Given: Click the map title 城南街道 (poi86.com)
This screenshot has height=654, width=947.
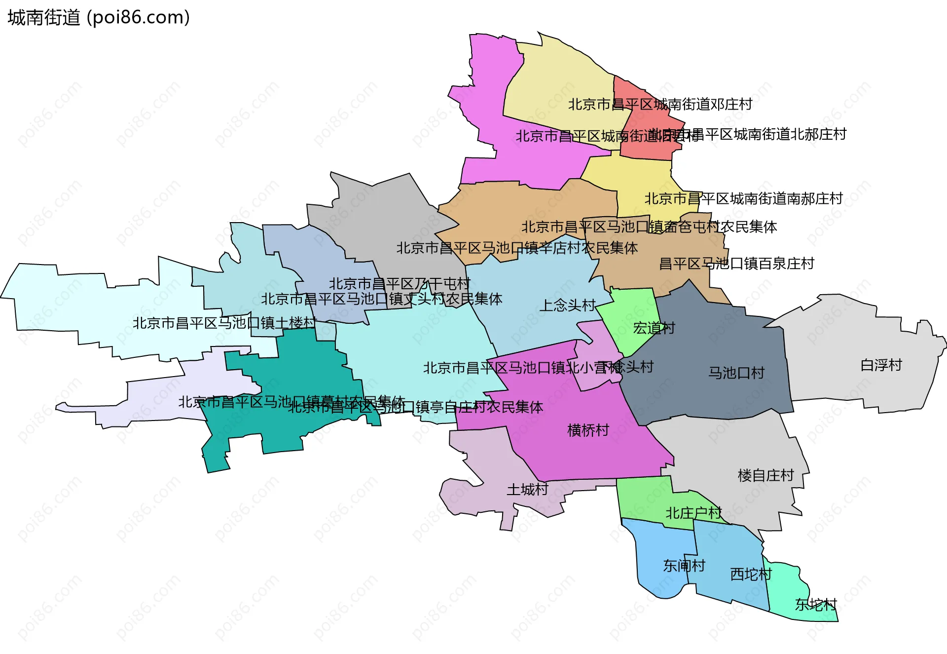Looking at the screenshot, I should click(x=99, y=18).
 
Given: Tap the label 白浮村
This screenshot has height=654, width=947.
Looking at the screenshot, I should click(x=881, y=365).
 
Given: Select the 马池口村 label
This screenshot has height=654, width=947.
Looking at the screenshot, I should click(x=736, y=373).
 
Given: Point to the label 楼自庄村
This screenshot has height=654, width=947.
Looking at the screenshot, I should click(x=765, y=475).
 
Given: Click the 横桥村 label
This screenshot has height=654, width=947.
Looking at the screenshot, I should click(x=588, y=430).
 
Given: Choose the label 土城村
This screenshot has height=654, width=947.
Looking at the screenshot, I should click(x=527, y=490).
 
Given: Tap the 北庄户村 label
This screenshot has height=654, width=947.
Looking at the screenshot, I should click(x=693, y=513).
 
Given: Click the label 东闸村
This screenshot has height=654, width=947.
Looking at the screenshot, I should click(x=684, y=566).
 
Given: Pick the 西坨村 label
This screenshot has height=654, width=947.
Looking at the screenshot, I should click(x=751, y=574).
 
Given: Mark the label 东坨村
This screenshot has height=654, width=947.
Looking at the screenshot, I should click(x=816, y=604).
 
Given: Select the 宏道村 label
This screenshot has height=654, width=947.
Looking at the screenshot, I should click(x=654, y=328).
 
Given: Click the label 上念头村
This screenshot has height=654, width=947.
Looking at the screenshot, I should click(x=567, y=306).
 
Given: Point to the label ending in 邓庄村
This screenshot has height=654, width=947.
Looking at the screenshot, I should click(x=660, y=104).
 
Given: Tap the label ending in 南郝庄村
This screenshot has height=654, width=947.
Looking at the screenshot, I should click(x=743, y=198).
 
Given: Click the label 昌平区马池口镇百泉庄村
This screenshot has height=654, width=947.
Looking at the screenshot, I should click(x=736, y=264).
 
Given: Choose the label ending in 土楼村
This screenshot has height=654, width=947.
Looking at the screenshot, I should click(x=224, y=323).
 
